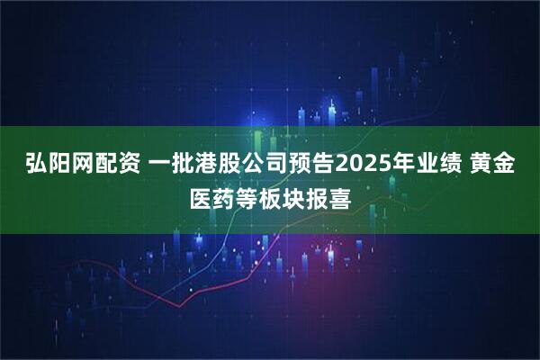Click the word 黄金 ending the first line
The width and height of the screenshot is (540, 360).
click(x=503, y=166)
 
